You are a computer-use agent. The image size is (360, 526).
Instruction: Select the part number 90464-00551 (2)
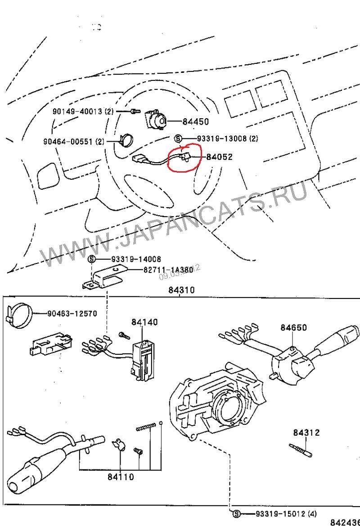(74, 142)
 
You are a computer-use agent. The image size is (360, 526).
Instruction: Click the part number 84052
(219, 157)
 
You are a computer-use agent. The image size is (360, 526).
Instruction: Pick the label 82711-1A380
(168, 270)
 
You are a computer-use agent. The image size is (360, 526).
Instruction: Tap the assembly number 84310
(181, 290)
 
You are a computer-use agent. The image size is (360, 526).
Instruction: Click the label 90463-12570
(72, 313)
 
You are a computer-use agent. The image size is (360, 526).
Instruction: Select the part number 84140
(145, 322)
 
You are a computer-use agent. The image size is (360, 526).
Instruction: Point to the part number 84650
(294, 328)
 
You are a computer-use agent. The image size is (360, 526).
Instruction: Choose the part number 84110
(121, 477)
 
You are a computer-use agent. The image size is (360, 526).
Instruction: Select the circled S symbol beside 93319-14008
(92, 259)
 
